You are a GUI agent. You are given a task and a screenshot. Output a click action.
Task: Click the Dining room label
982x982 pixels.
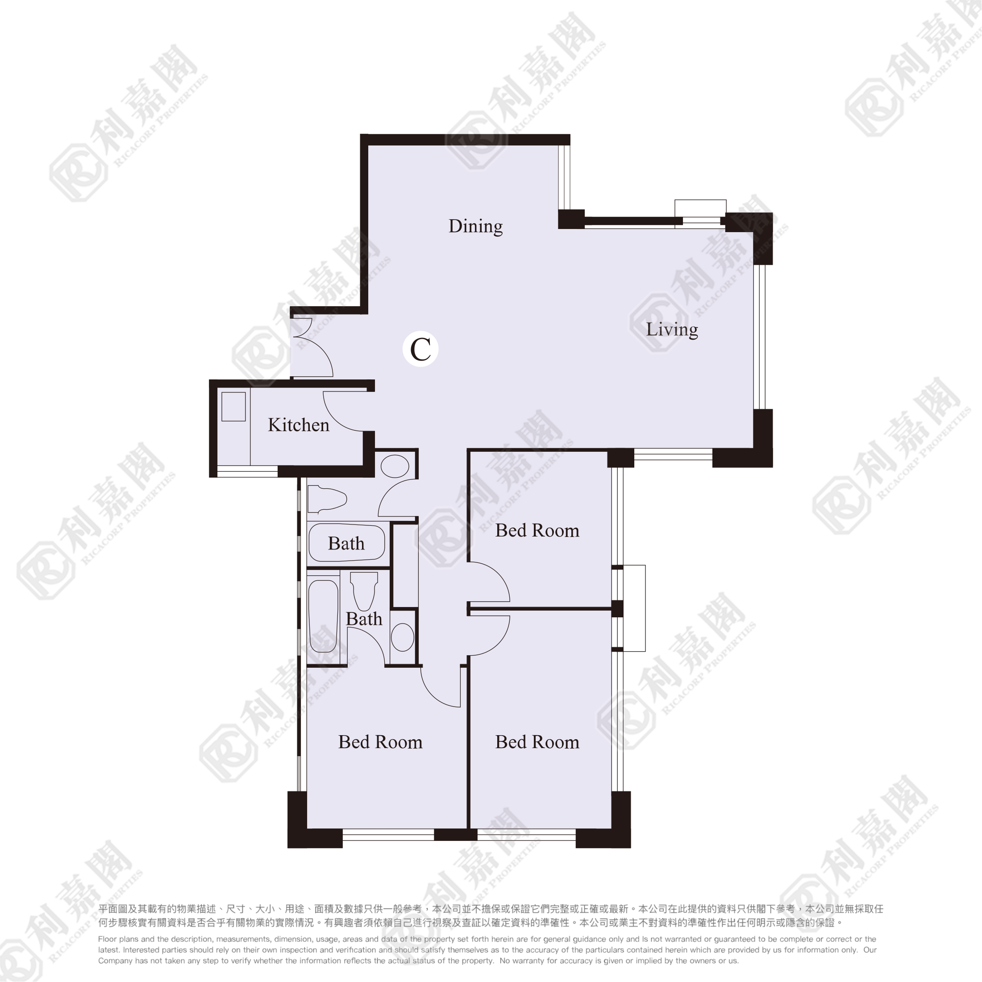click(475, 226)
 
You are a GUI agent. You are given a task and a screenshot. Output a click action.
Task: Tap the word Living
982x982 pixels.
click(672, 330)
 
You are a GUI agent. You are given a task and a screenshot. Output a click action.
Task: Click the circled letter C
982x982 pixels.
click(420, 349)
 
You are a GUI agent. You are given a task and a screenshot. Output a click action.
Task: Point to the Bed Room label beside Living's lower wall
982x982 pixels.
click(537, 531)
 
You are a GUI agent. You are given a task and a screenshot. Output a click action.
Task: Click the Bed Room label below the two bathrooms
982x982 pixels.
click(380, 742)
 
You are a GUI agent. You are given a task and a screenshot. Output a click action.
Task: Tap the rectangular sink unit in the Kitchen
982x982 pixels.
click(234, 406)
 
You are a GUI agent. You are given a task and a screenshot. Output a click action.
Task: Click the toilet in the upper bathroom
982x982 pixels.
click(327, 499)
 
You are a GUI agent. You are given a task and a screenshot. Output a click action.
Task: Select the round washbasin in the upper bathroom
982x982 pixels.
click(395, 466)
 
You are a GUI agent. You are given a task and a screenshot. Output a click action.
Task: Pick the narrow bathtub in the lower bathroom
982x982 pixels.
click(323, 616)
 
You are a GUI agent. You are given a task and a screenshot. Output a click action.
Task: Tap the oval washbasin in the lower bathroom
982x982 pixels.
click(403, 637)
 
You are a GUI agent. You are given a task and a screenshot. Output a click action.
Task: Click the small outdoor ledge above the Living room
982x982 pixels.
click(700, 208)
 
